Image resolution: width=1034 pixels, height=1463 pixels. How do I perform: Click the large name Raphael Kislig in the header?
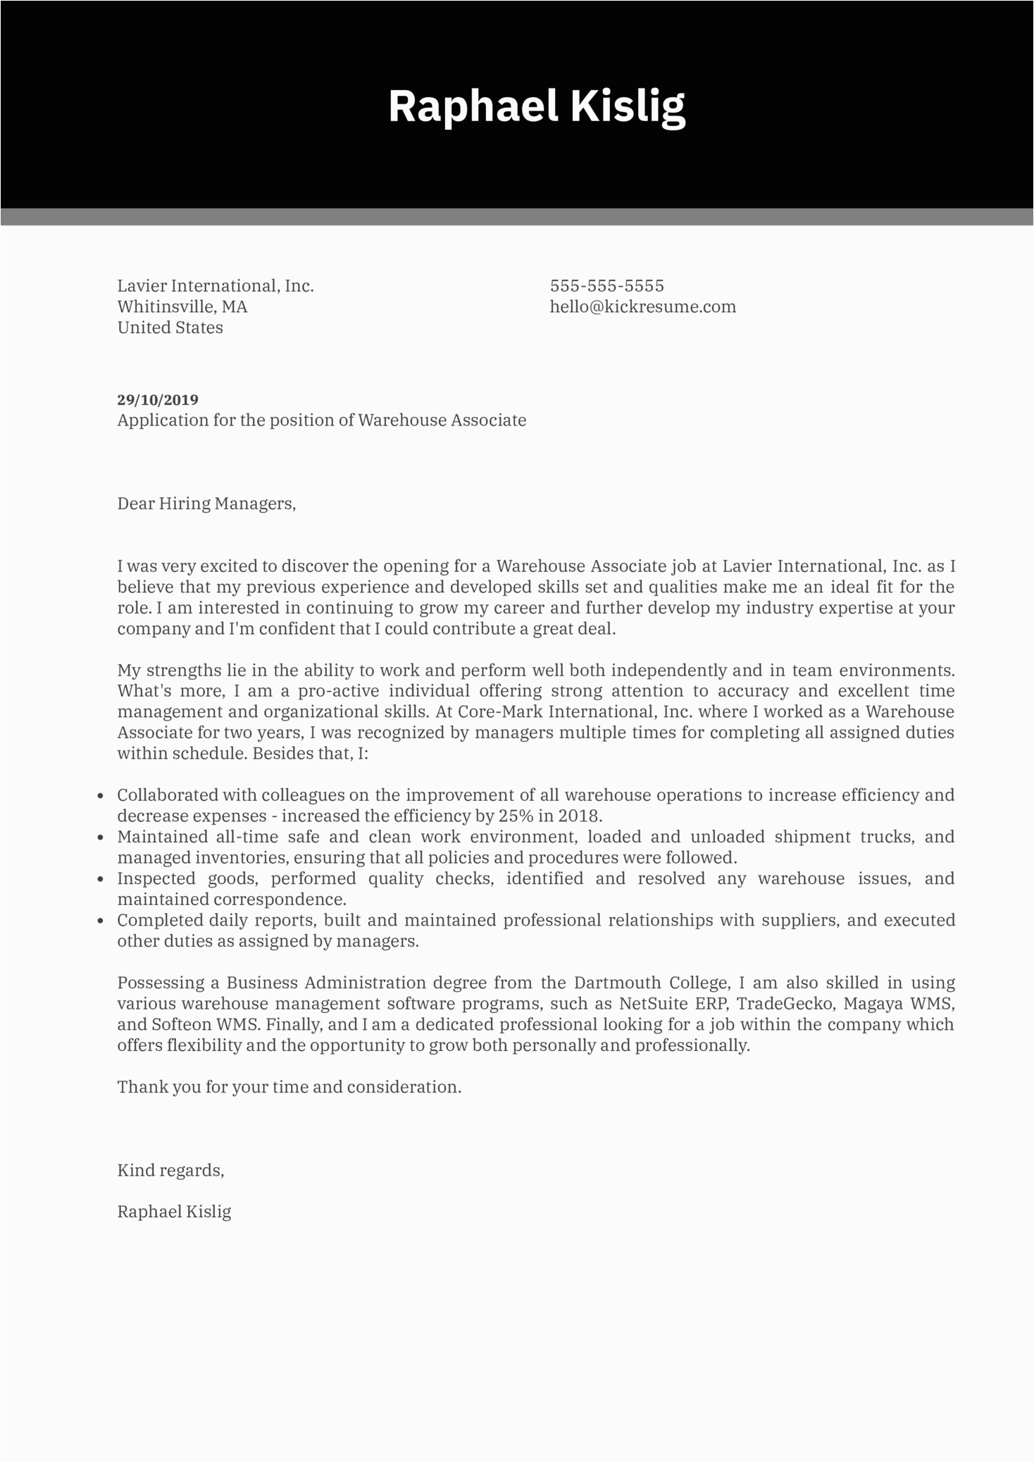[537, 107]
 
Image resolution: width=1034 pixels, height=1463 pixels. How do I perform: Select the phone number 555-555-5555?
[606, 286]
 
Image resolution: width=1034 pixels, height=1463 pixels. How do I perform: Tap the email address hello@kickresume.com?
[642, 306]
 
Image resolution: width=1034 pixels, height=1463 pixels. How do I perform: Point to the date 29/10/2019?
[158, 400]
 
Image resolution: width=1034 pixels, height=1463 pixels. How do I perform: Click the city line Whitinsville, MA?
[182, 306]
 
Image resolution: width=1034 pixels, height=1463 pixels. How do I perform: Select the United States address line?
[170, 328]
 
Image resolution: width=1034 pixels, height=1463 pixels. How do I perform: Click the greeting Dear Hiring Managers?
[206, 504]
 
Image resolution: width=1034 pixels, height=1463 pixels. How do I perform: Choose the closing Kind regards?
[170, 1171]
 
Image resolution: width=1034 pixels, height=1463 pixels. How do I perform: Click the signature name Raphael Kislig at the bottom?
[174, 1212]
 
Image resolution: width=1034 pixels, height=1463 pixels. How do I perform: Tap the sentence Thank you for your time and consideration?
[289, 1087]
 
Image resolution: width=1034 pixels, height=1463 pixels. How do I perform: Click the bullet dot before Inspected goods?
[101, 880]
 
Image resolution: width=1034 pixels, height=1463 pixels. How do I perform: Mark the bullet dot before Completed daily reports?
[101, 921]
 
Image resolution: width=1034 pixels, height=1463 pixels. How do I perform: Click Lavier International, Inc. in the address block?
[215, 286]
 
